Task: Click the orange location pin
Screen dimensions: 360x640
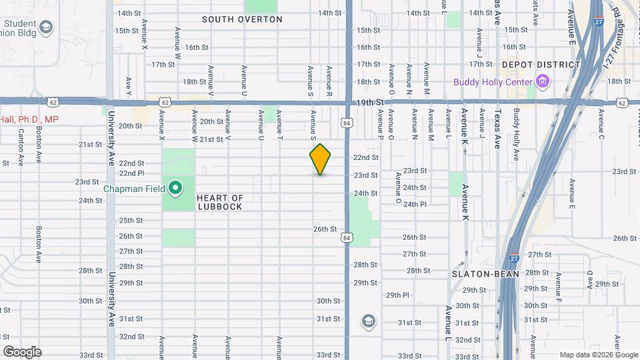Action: (320, 159)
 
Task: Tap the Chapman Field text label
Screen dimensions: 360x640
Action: (134, 189)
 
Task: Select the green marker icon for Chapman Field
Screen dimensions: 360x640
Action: (175, 188)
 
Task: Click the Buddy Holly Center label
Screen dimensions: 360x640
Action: (493, 83)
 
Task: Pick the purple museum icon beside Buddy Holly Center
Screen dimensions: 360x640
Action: (543, 83)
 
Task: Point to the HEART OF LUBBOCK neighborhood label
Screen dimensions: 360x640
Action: (220, 203)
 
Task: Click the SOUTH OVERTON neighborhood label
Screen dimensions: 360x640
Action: (242, 19)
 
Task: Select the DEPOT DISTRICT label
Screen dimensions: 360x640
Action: (541, 65)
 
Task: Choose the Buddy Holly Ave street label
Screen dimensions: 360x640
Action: (516, 136)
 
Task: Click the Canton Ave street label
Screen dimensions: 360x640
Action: (21, 146)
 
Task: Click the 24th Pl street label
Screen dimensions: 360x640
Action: (415, 204)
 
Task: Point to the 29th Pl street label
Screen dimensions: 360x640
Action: (397, 295)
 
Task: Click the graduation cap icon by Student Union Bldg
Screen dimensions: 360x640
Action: (46, 27)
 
